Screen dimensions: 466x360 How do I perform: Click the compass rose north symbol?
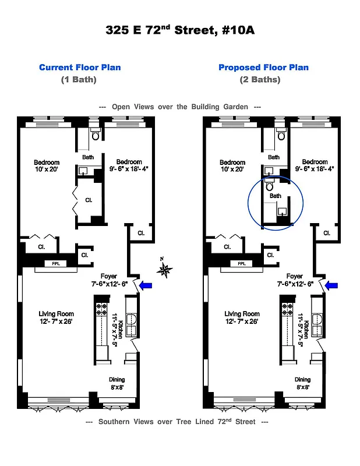pyautogui.click(x=166, y=268)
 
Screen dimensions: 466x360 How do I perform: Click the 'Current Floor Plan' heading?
pyautogui.click(x=80, y=67)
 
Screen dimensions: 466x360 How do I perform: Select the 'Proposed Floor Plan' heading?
pyautogui.click(x=263, y=67)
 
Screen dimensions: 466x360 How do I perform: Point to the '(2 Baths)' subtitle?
pyautogui.click(x=260, y=79)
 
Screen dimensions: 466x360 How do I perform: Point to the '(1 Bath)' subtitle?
pyautogui.click(x=79, y=79)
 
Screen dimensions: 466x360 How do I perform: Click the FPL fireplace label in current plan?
pyautogui.click(x=56, y=264)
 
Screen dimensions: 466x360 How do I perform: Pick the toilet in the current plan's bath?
pyautogui.click(x=96, y=135)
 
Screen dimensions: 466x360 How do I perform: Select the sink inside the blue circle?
pyautogui.click(x=283, y=210)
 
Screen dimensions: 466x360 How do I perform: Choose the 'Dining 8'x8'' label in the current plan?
pyautogui.click(x=117, y=383)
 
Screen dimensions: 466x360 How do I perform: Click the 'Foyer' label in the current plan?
pyautogui.click(x=109, y=276)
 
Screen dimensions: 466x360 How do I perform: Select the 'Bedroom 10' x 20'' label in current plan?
pyautogui.click(x=46, y=165)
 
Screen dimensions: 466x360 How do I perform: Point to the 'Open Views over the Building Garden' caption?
pyautogui.click(x=179, y=107)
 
